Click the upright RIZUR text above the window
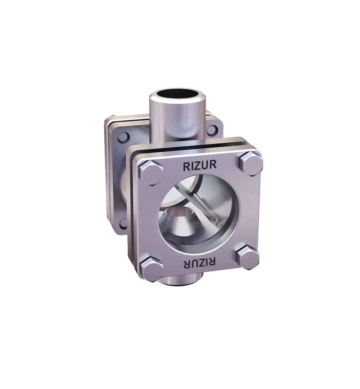199,166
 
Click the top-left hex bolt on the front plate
150,172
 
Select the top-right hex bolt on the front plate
251,163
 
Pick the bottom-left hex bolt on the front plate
151,269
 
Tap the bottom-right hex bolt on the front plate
248,257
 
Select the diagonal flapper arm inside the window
202,204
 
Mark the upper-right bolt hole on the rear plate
212,130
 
